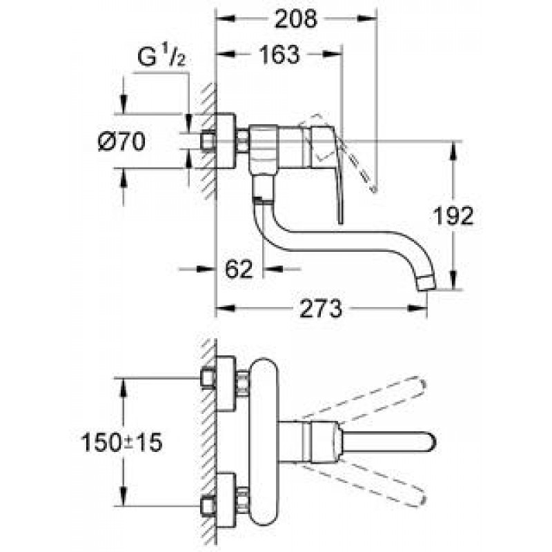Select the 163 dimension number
pyautogui.click(x=279, y=55)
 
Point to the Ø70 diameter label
pyautogui.click(x=121, y=141)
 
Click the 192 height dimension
pyautogui.click(x=453, y=215)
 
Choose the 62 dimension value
pyautogui.click(x=239, y=269)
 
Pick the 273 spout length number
pyautogui.click(x=320, y=308)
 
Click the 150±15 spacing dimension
pyautogui.click(x=122, y=442)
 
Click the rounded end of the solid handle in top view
pyautogui.click(x=432, y=442)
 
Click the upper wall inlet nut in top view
pyautogui.click(x=208, y=378)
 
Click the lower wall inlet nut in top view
pyautogui.click(x=208, y=506)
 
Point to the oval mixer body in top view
pyautogui.click(x=264, y=442)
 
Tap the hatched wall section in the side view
pyautogui.click(x=209, y=141)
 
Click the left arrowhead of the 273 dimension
pyautogui.click(x=226, y=308)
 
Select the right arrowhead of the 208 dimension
pyautogui.click(x=367, y=19)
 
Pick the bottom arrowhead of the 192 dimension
pyautogui.click(x=453, y=280)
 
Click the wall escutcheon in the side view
pyautogui.click(x=226, y=141)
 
